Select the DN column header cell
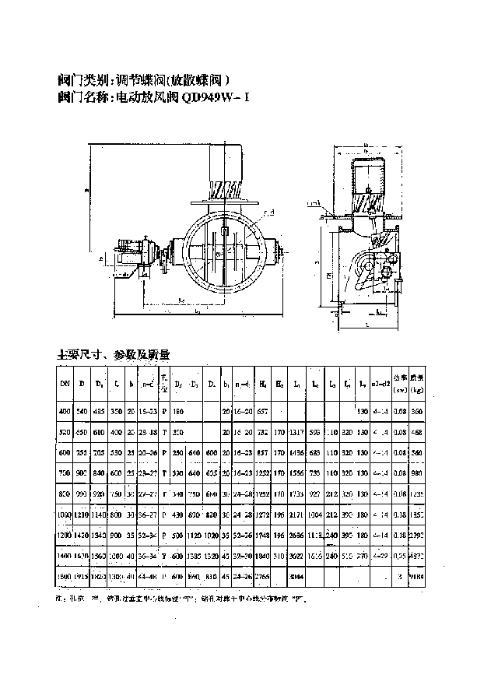coord(65,383)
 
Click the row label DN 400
coord(65,410)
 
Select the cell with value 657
coord(263,410)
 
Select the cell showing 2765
coord(263,577)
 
